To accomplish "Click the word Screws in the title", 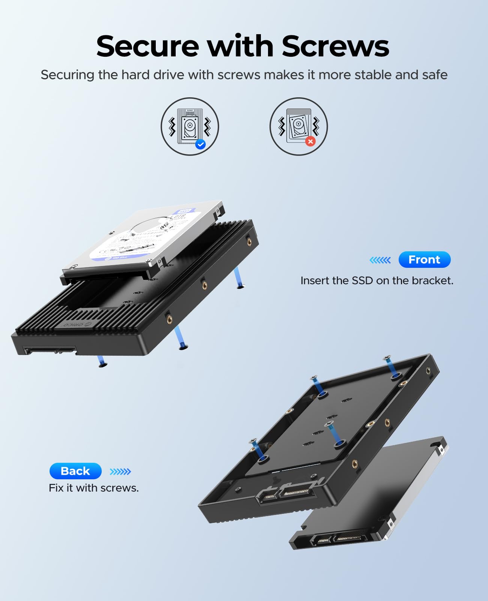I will point(335,46).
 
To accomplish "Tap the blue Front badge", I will point(424,260).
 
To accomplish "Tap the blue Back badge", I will point(75,471).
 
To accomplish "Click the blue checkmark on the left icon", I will point(200,144).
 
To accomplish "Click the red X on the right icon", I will point(310,141).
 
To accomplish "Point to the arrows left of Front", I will point(380,260).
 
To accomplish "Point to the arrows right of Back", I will point(120,471).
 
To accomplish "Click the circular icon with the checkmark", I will point(190,126).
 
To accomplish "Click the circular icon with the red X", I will point(298,126).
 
